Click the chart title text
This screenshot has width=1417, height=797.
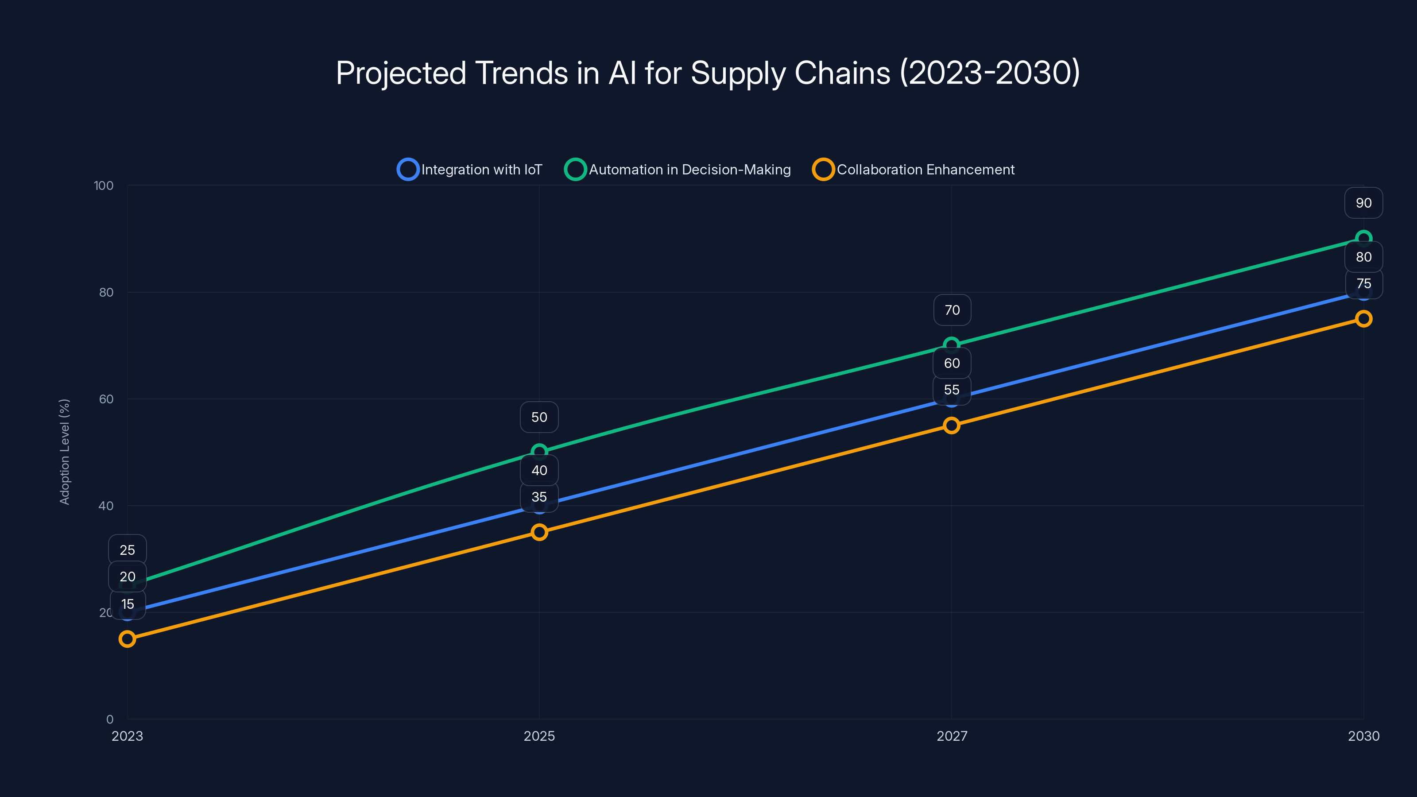tap(708, 73)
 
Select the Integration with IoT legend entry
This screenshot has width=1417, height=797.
tap(470, 170)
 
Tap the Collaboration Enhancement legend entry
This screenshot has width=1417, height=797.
tap(914, 170)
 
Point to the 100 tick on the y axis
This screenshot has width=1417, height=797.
tap(104, 186)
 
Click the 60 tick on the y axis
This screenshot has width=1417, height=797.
tap(106, 399)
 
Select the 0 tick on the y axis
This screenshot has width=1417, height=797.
tap(110, 720)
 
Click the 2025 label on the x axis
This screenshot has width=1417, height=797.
tap(539, 736)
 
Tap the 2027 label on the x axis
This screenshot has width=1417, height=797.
tap(952, 736)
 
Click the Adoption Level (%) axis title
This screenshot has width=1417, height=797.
tap(65, 452)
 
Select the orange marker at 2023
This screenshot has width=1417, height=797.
tap(127, 638)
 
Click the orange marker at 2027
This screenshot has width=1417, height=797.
tap(952, 425)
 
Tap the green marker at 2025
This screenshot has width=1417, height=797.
tap(539, 451)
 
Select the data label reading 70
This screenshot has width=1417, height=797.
tap(952, 310)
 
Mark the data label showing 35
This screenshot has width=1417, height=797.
tap(539, 497)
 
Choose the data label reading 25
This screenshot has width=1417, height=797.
tap(127, 550)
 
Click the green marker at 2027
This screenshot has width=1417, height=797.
tap(952, 344)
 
